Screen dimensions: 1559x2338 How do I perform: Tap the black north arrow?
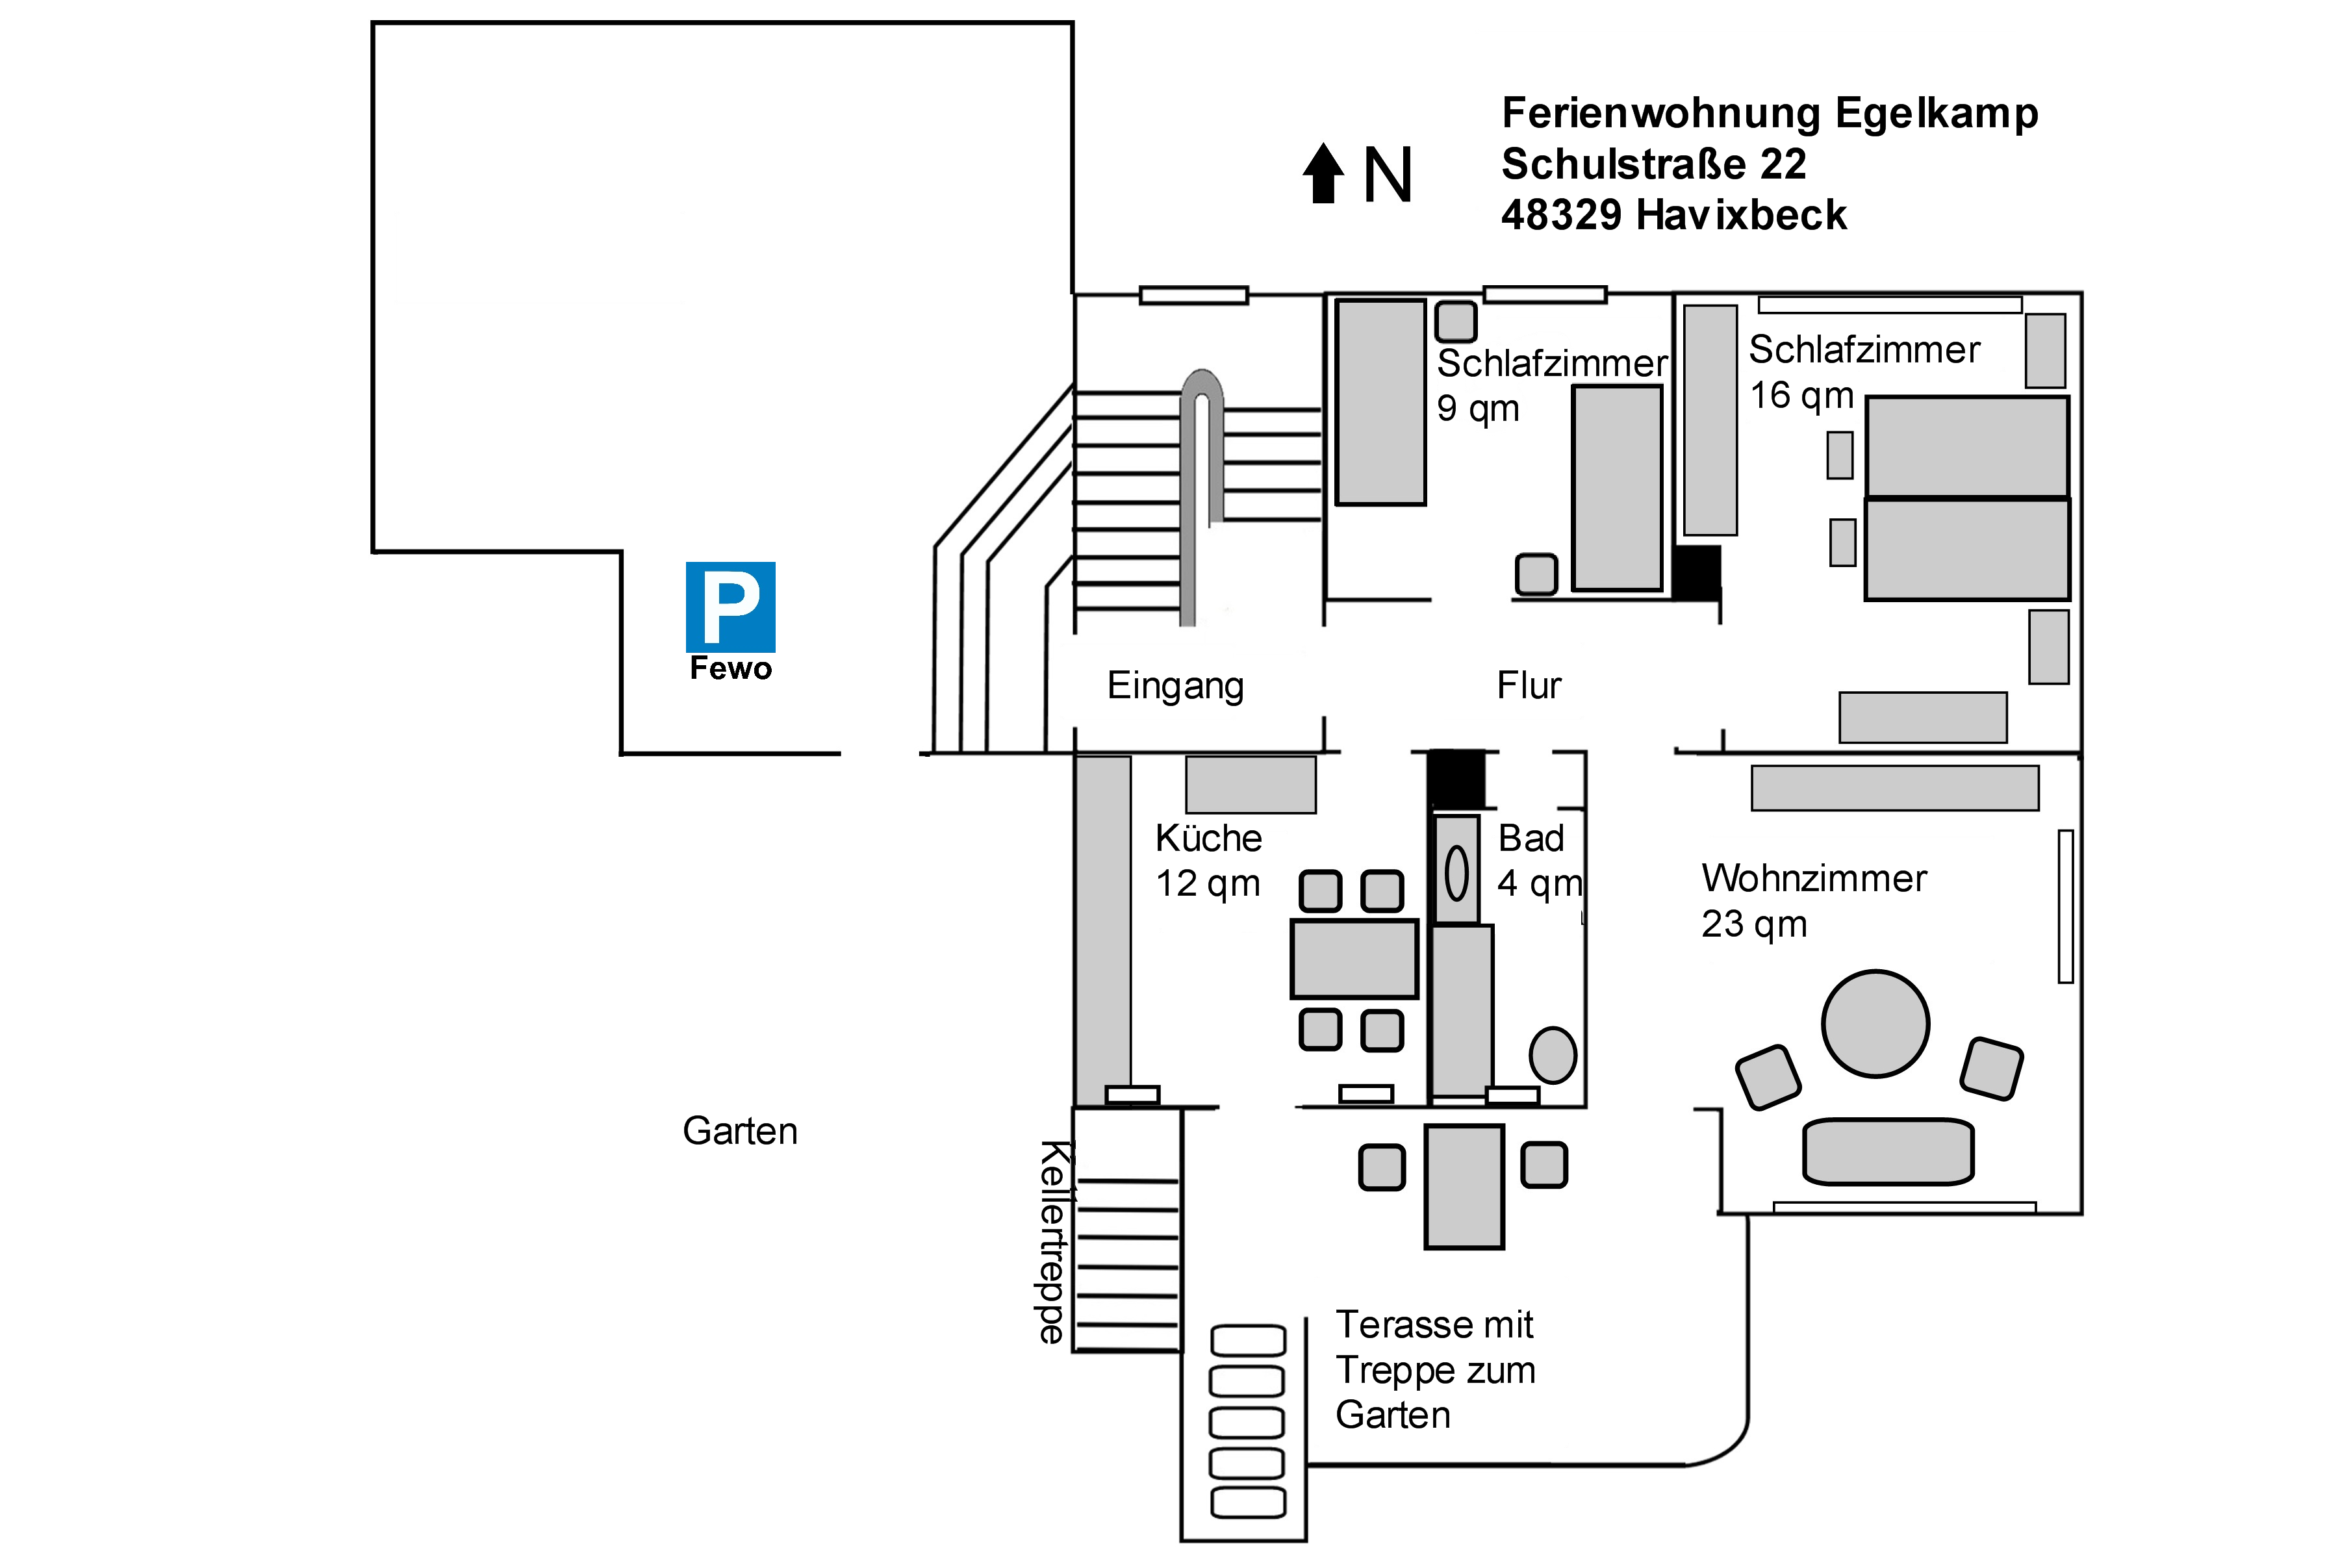coord(1323,174)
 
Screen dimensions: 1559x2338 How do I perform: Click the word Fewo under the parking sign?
coord(731,668)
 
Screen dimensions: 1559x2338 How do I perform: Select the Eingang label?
coord(1175,686)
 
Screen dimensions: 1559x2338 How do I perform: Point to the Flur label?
coord(1529,686)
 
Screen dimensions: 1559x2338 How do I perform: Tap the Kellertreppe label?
coord(1052,1242)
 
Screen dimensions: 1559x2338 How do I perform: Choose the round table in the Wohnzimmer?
coord(1875,1023)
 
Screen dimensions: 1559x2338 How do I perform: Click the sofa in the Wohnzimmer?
coord(1888,1151)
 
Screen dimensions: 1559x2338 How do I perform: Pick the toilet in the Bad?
coord(1553,1055)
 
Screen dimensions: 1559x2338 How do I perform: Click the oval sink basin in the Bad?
coord(1456,873)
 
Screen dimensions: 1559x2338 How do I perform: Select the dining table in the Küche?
coord(1354,959)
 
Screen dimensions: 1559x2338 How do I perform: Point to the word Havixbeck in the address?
coord(1742,216)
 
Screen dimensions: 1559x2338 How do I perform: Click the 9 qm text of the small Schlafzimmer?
coord(1478,409)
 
